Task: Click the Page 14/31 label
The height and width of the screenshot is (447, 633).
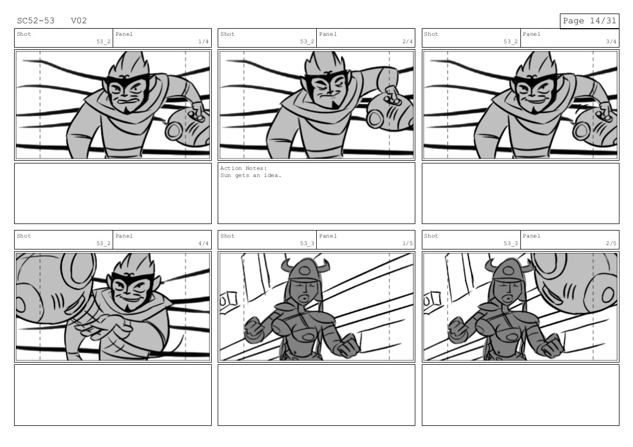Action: pyautogui.click(x=589, y=21)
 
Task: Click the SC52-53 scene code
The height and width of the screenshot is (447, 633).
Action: pyautogui.click(x=36, y=21)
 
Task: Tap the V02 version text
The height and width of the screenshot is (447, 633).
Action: pyautogui.click(x=79, y=21)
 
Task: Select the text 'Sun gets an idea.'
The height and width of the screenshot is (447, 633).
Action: pyautogui.click(x=251, y=175)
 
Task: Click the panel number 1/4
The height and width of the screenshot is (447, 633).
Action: pyautogui.click(x=204, y=42)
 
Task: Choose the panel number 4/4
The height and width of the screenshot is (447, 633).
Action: pyautogui.click(x=204, y=244)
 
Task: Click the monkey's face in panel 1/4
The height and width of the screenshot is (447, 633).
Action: pyautogui.click(x=129, y=92)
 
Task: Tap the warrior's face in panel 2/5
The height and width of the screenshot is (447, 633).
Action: pyautogui.click(x=508, y=292)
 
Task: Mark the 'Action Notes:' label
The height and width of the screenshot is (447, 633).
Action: pyautogui.click(x=244, y=168)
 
